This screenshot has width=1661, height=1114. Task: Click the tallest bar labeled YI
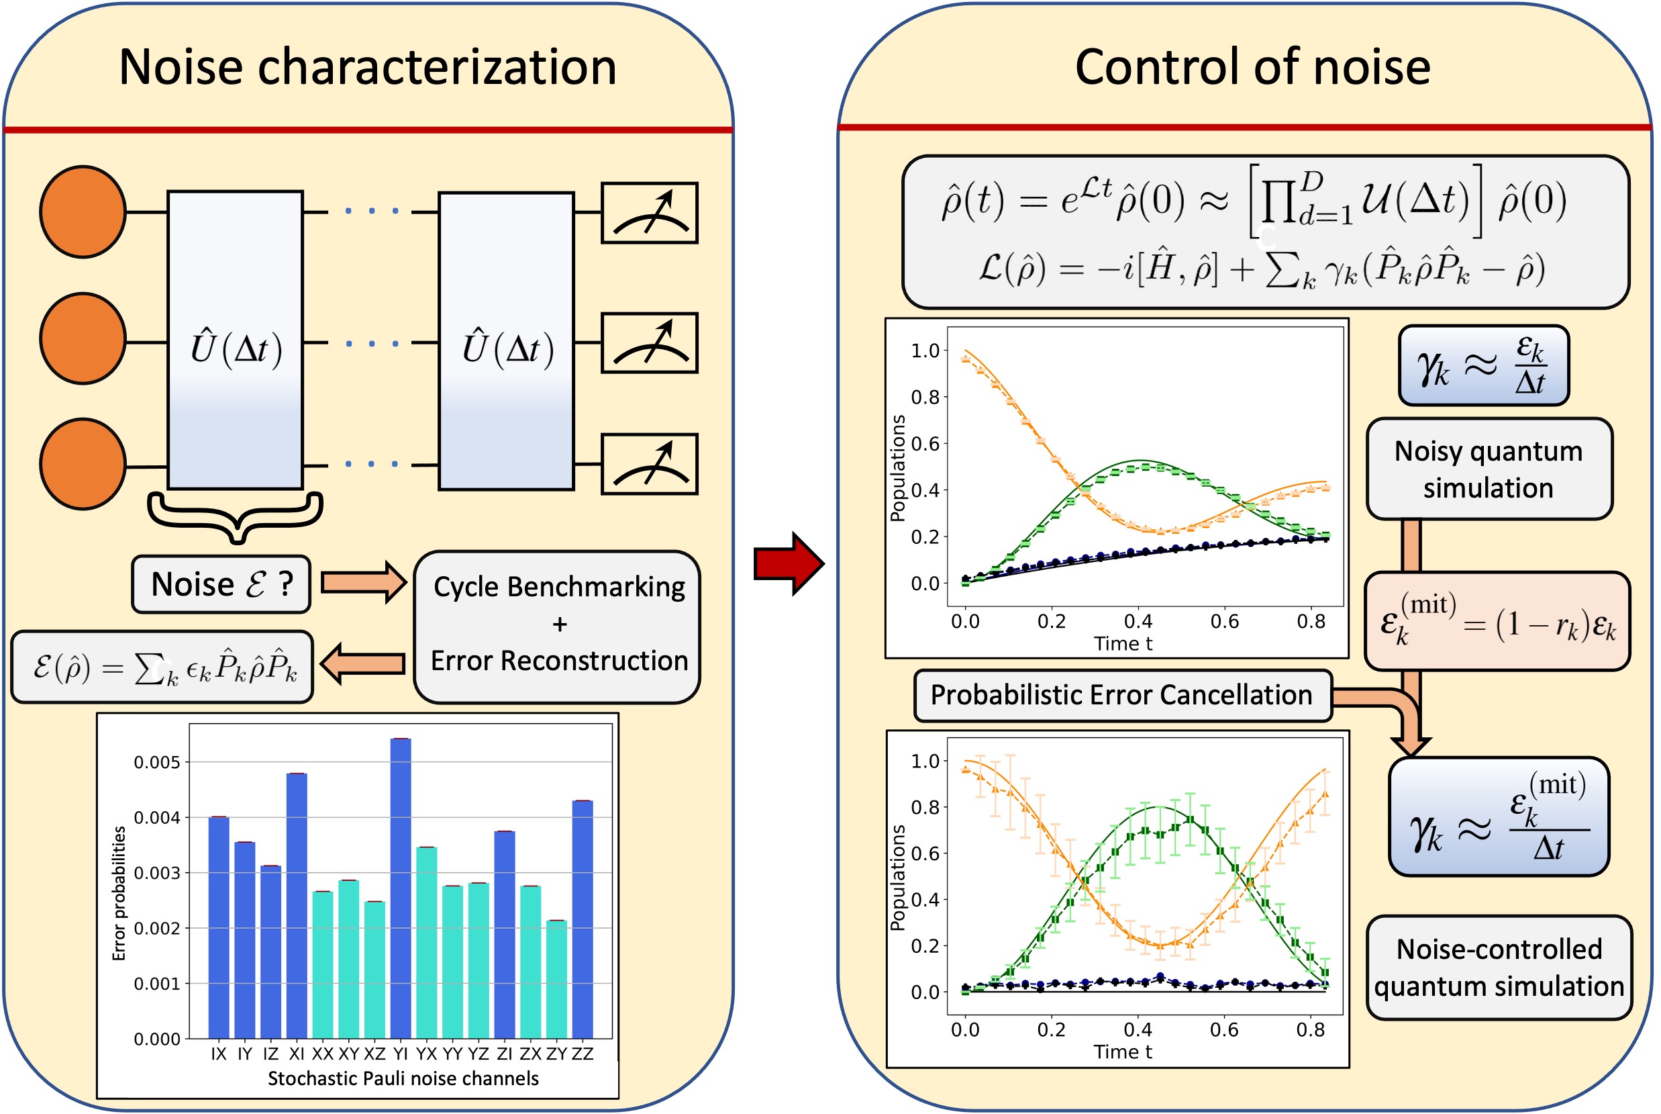point(401,888)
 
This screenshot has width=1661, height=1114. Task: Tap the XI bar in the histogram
point(297,905)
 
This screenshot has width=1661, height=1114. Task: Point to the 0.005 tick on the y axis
point(157,762)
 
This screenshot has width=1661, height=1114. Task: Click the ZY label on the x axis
point(556,1054)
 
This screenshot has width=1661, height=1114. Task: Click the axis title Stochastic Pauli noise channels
point(403,1078)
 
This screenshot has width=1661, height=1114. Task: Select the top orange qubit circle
point(83,212)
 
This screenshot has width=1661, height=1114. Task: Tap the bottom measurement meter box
point(649,464)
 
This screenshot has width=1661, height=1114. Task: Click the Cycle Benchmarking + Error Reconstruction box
point(558,624)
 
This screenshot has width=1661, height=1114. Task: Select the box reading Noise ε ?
point(221,585)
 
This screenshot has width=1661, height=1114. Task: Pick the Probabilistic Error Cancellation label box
point(1122,696)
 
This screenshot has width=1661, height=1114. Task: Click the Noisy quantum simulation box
point(1489,469)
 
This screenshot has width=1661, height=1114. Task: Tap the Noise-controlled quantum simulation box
point(1499,968)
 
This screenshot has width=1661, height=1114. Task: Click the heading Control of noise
point(1253,68)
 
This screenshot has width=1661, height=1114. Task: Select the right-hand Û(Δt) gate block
point(506,341)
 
